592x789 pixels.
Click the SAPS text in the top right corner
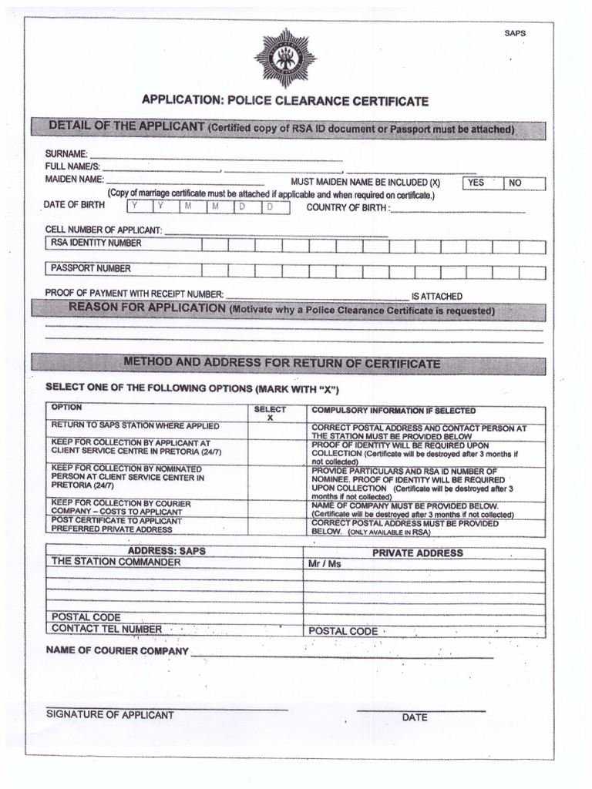tap(515, 34)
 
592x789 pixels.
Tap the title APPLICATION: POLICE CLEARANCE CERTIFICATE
tap(284, 102)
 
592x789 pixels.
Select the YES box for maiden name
tap(482, 183)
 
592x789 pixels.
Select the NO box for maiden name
tap(524, 183)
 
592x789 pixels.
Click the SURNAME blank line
tap(216, 156)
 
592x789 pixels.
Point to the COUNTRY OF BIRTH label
tap(348, 208)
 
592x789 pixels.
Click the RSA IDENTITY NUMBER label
tap(96, 243)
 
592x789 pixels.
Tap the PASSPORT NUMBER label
tap(91, 269)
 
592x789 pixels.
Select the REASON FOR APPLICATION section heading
tap(146, 309)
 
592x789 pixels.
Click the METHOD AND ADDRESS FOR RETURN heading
tap(282, 363)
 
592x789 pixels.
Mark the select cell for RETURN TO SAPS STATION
tap(275, 430)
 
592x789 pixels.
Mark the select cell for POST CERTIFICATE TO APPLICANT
tap(275, 526)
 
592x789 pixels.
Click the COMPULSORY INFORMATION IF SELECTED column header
tap(393, 411)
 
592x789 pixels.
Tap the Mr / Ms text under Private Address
tap(325, 565)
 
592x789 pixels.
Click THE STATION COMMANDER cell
tap(116, 562)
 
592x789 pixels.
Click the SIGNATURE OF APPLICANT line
tap(166, 706)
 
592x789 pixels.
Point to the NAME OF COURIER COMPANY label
tap(117, 651)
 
